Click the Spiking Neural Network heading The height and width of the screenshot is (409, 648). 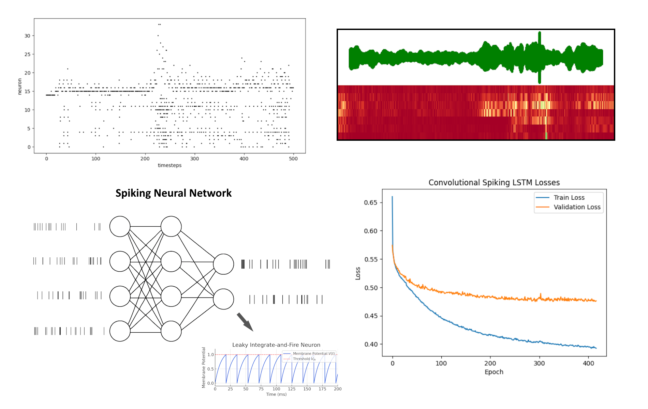tap(173, 193)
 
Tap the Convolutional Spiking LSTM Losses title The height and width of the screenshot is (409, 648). tap(494, 183)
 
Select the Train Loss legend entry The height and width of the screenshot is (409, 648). tap(569, 198)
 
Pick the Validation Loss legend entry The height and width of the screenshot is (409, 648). tap(577, 207)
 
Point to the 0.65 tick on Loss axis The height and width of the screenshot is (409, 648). tap(371, 202)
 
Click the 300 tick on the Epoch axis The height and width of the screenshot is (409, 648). tap(539, 363)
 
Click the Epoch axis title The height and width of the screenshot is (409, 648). tap(494, 372)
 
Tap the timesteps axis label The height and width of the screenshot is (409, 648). tap(170, 165)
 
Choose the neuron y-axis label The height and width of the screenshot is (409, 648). tap(20, 86)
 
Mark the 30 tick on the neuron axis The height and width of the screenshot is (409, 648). tap(27, 36)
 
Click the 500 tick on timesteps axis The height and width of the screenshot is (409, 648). tap(293, 159)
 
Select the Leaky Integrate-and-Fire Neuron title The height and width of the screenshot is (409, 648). tap(276, 345)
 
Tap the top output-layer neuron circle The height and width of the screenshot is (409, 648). tap(223, 264)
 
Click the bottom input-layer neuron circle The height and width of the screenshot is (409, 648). tap(120, 331)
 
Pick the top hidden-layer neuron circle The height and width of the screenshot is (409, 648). tap(171, 226)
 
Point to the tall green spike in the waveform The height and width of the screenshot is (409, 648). tap(540, 57)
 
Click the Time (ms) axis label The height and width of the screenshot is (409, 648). tap(276, 394)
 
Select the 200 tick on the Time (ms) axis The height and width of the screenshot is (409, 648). tap(338, 389)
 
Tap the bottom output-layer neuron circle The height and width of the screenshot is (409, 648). tap(223, 299)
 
